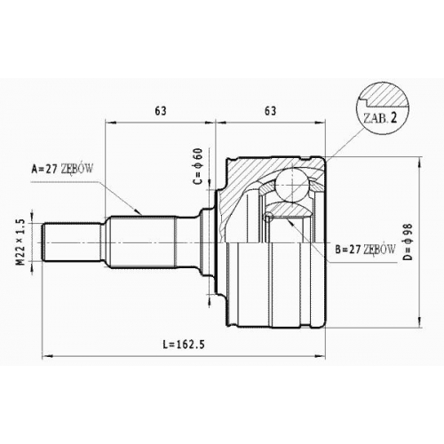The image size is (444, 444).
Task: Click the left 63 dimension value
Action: [x=161, y=110]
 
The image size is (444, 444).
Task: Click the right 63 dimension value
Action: [x=270, y=110]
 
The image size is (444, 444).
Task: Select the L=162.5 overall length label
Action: [x=184, y=345]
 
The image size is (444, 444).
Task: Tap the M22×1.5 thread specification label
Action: [x=20, y=242]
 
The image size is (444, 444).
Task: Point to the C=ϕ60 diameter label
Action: [x=198, y=166]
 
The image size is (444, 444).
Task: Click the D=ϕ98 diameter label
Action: [x=408, y=242]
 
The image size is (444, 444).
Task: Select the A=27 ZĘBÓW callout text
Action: [x=62, y=169]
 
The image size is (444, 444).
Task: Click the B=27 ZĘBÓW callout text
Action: [x=365, y=250]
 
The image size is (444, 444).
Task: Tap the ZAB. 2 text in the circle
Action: [x=380, y=118]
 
